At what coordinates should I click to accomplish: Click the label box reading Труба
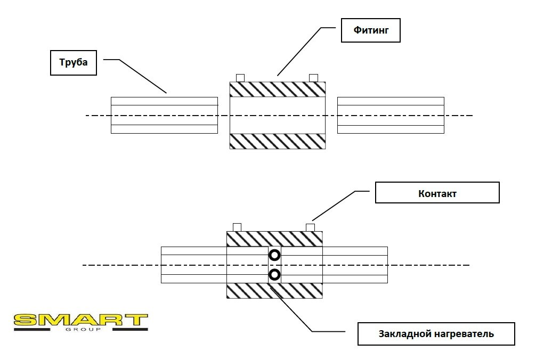tap(74, 63)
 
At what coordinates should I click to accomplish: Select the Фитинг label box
tap(370, 31)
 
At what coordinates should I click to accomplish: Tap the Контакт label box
tap(437, 193)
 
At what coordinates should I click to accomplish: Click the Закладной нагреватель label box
tap(436, 334)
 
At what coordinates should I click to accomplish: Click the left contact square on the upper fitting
tap(240, 78)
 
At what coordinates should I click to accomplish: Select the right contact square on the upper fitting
tap(313, 78)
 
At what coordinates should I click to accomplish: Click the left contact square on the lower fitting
tap(237, 227)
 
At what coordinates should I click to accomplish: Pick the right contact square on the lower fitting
tap(310, 227)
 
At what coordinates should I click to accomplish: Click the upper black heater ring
tap(274, 255)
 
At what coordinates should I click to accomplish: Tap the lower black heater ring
tap(274, 275)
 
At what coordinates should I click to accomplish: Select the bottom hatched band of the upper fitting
tap(277, 141)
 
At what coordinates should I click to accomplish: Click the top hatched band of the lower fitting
tap(274, 239)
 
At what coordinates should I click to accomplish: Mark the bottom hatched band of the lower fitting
tap(274, 291)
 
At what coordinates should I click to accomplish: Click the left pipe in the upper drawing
tap(164, 115)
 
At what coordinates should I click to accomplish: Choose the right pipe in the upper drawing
tap(391, 115)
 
